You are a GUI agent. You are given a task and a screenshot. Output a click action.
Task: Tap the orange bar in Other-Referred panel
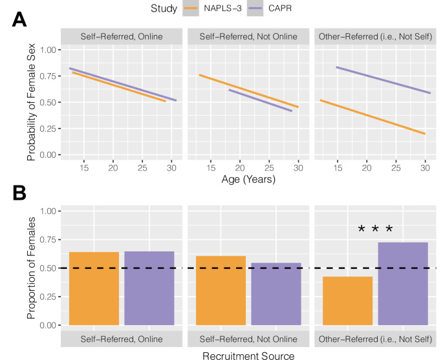347,302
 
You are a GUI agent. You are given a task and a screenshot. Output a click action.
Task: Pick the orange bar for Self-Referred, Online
94,290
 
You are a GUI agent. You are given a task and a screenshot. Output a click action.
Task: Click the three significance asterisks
375,229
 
